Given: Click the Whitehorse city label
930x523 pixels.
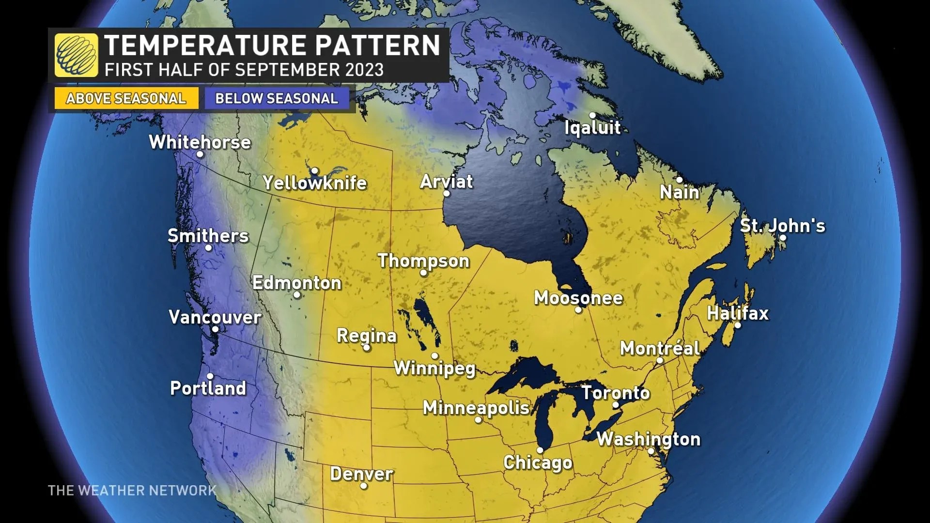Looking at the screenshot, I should pyautogui.click(x=200, y=142).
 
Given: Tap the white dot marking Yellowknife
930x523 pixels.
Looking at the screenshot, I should pyautogui.click(x=314, y=170).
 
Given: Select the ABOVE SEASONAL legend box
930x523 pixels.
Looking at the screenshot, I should pyautogui.click(x=126, y=98).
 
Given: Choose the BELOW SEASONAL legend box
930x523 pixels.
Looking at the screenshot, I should pyautogui.click(x=277, y=98).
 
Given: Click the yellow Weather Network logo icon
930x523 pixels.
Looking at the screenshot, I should pyautogui.click(x=76, y=55).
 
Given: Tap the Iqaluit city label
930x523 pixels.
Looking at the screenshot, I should pyautogui.click(x=592, y=127).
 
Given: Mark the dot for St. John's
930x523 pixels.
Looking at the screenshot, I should pyautogui.click(x=783, y=238).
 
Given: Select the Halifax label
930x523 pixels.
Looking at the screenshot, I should pyautogui.click(x=738, y=313).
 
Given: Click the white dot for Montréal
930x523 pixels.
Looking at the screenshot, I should pyautogui.click(x=659, y=360).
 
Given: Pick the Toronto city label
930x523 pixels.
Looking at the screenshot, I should pyautogui.click(x=616, y=392).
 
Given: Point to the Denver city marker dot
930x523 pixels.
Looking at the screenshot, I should pyautogui.click(x=364, y=486).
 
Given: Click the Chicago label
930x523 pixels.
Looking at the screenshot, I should pyautogui.click(x=538, y=462).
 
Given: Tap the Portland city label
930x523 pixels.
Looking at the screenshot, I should pyautogui.click(x=208, y=388).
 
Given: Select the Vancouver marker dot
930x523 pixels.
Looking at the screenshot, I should pyautogui.click(x=215, y=329).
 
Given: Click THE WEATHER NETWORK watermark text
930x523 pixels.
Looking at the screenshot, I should pyautogui.click(x=132, y=491).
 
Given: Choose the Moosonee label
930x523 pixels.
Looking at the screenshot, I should pyautogui.click(x=578, y=297).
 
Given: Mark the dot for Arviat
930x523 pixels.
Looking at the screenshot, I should pyautogui.click(x=447, y=193).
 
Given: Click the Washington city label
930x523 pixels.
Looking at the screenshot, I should pyautogui.click(x=648, y=439).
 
